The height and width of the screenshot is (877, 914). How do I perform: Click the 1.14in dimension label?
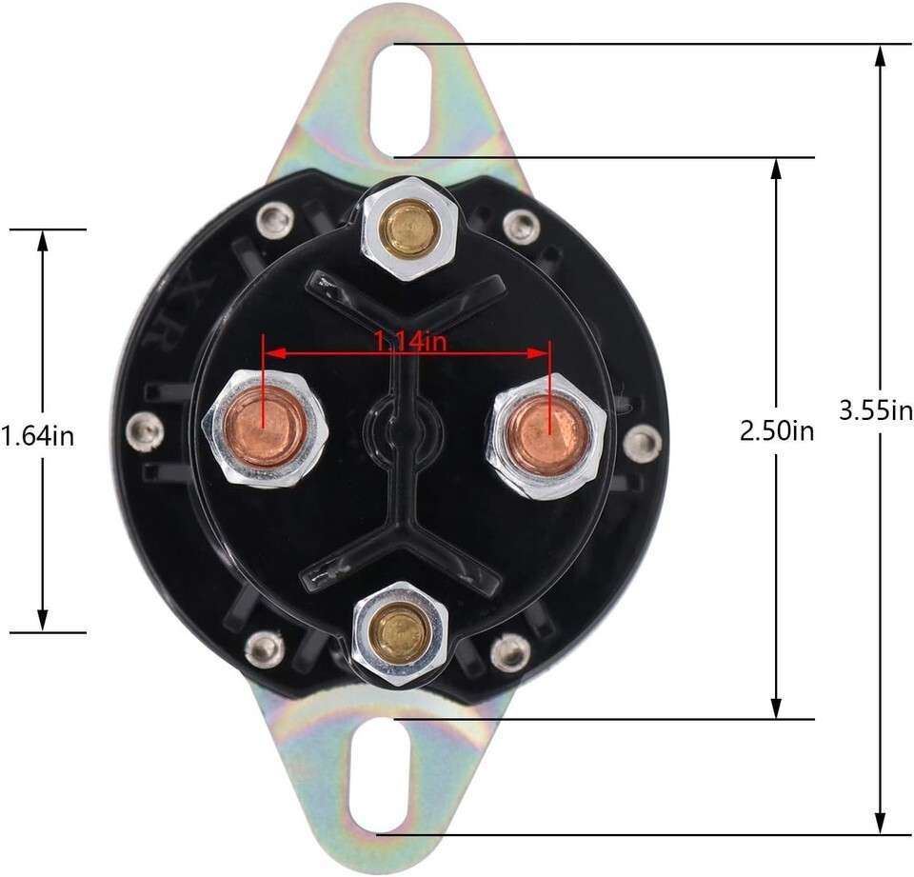(409, 341)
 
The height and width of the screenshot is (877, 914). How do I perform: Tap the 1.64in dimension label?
(38, 435)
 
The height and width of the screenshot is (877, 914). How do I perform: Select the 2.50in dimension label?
(777, 431)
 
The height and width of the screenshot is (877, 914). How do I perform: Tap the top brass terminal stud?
(407, 228)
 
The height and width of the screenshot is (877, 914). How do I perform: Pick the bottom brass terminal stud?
(401, 632)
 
